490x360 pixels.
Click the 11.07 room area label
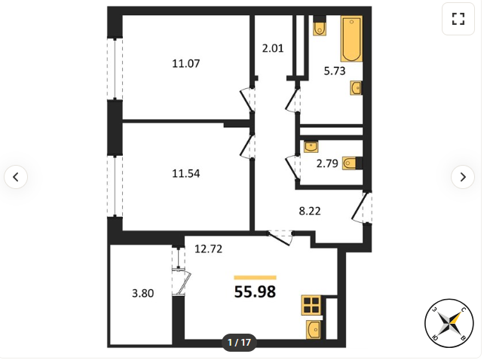186,64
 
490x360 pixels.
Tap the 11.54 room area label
186,174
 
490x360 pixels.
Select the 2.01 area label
273,48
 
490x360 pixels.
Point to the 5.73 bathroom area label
335,71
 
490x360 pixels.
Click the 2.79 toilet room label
327,163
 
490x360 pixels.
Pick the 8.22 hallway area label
310,211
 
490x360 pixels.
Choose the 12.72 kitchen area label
208,249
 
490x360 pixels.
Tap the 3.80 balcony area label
142,294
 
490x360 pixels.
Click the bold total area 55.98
255,292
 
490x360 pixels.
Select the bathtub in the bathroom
351,38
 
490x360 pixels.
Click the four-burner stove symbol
311,305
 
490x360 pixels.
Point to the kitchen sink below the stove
314,330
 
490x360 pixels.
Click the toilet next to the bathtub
320,26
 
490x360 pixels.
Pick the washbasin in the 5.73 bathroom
357,88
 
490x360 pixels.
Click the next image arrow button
463,177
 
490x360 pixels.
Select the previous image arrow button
16,177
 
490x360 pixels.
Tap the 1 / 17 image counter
240,343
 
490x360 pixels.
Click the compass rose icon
449,323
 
